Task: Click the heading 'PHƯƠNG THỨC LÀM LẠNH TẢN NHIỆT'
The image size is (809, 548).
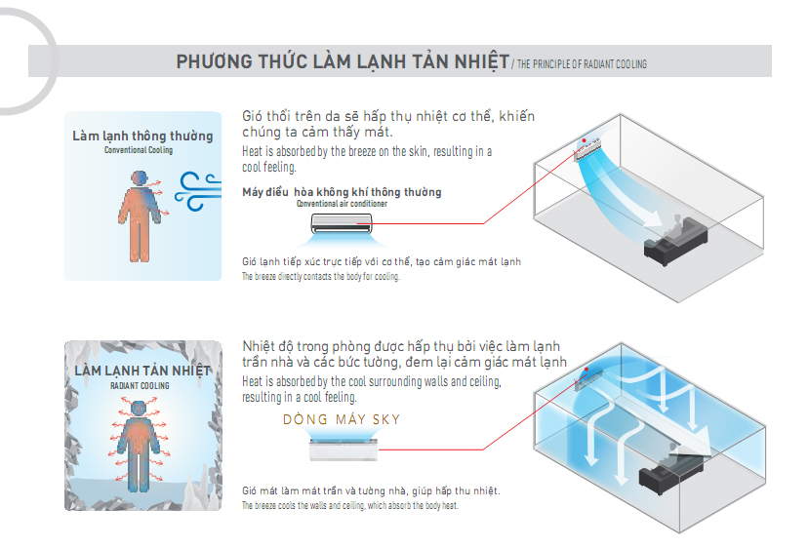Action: point(342,62)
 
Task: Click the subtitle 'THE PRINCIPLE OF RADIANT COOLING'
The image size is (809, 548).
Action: point(582,64)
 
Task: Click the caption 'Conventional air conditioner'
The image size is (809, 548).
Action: point(342,205)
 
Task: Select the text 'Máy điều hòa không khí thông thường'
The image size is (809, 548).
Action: point(342,192)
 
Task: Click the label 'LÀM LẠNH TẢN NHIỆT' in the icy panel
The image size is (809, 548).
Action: point(142,372)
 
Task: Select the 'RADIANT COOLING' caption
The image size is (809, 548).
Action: point(140,387)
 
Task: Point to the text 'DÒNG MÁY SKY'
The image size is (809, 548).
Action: point(342,420)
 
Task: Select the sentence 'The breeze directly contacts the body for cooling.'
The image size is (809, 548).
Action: point(321,277)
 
